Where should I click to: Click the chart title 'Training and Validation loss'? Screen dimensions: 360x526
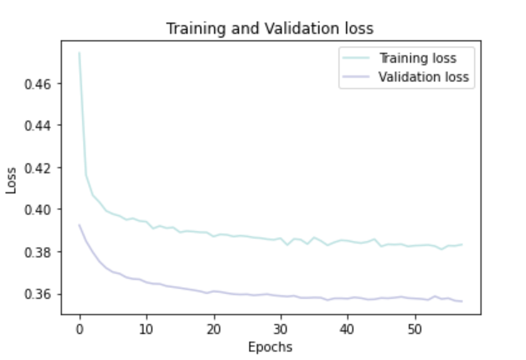click(x=269, y=28)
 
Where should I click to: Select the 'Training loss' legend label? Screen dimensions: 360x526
click(x=416, y=58)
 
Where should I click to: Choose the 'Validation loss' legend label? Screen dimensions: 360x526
click(x=424, y=77)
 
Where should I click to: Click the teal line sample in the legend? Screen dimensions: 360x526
click(x=354, y=58)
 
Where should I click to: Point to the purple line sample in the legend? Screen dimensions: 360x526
click(x=354, y=77)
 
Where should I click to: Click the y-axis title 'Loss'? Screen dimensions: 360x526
click(x=12, y=179)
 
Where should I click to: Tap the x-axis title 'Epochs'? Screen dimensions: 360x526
click(x=269, y=347)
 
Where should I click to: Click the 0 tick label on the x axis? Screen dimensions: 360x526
click(x=80, y=329)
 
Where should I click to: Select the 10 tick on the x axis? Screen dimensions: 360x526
click(x=147, y=329)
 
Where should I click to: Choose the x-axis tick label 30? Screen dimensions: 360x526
click(x=281, y=329)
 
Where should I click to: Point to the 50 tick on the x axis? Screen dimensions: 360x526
click(x=415, y=329)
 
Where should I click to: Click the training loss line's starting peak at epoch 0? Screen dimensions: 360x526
click(x=80, y=54)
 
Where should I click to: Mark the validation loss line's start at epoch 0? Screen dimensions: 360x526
click(x=80, y=224)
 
